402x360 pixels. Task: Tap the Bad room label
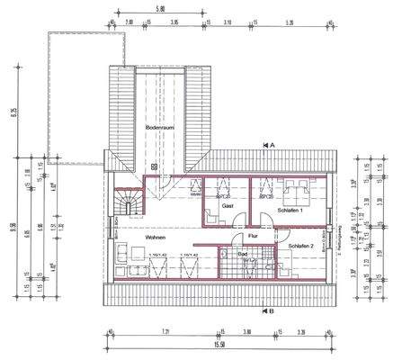pos(243,255)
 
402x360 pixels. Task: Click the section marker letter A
pos(272,144)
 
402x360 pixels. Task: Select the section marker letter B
pos(272,311)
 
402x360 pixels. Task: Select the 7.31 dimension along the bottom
pos(165,331)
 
